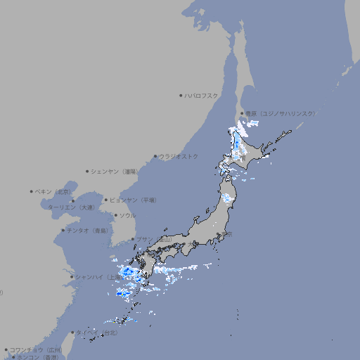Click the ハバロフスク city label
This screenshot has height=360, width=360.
202,95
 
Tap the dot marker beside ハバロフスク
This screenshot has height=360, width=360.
181,95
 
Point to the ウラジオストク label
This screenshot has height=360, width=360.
179,156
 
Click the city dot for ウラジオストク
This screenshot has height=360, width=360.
155,157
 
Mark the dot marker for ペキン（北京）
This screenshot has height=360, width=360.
32,191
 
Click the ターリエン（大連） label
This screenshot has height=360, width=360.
71,207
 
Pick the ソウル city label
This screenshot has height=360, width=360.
127,215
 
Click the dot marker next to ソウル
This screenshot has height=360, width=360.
115,215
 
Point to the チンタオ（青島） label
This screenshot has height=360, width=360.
88,230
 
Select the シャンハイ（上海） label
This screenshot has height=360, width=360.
98,276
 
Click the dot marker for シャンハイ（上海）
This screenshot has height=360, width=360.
72,276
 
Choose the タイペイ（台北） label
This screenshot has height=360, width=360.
97,332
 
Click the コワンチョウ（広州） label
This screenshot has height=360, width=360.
36,349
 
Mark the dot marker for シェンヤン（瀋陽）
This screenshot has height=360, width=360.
87,171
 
